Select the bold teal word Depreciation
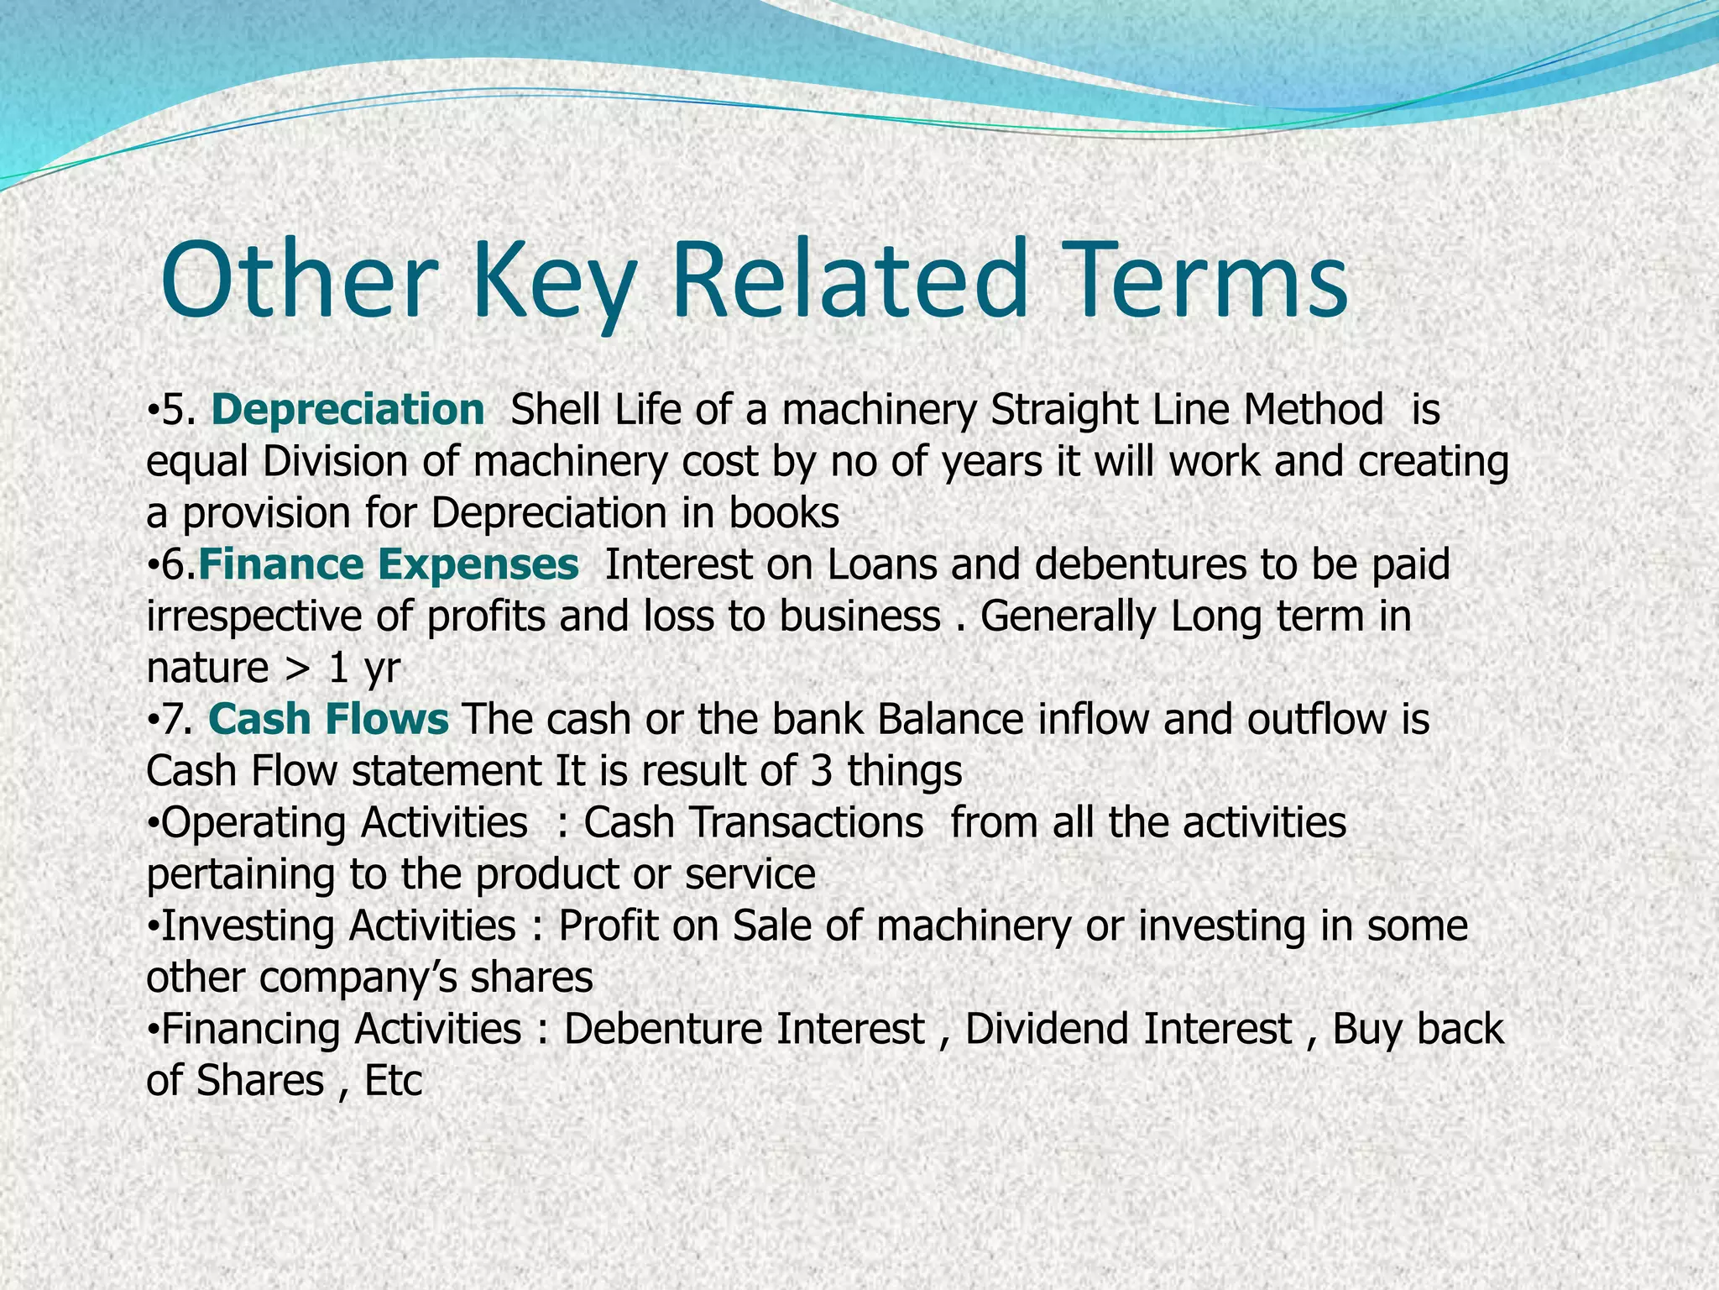click(x=347, y=411)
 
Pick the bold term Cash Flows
click(x=328, y=720)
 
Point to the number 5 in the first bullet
click(x=172, y=411)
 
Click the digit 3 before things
click(x=822, y=771)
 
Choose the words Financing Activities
click(x=341, y=1030)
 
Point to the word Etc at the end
click(x=393, y=1081)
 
